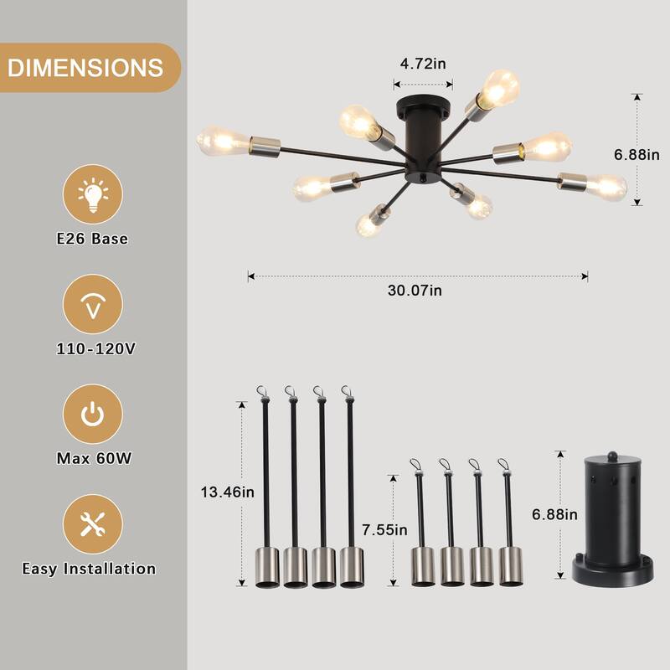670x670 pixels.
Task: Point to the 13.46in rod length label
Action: (x=226, y=492)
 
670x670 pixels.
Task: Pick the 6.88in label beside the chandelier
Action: (x=636, y=154)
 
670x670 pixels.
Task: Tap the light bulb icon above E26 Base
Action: (x=93, y=194)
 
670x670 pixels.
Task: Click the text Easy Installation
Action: (x=89, y=569)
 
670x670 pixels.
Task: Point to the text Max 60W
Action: (x=92, y=459)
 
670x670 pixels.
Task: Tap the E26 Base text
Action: (x=92, y=239)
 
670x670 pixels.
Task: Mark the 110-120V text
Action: (x=92, y=348)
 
